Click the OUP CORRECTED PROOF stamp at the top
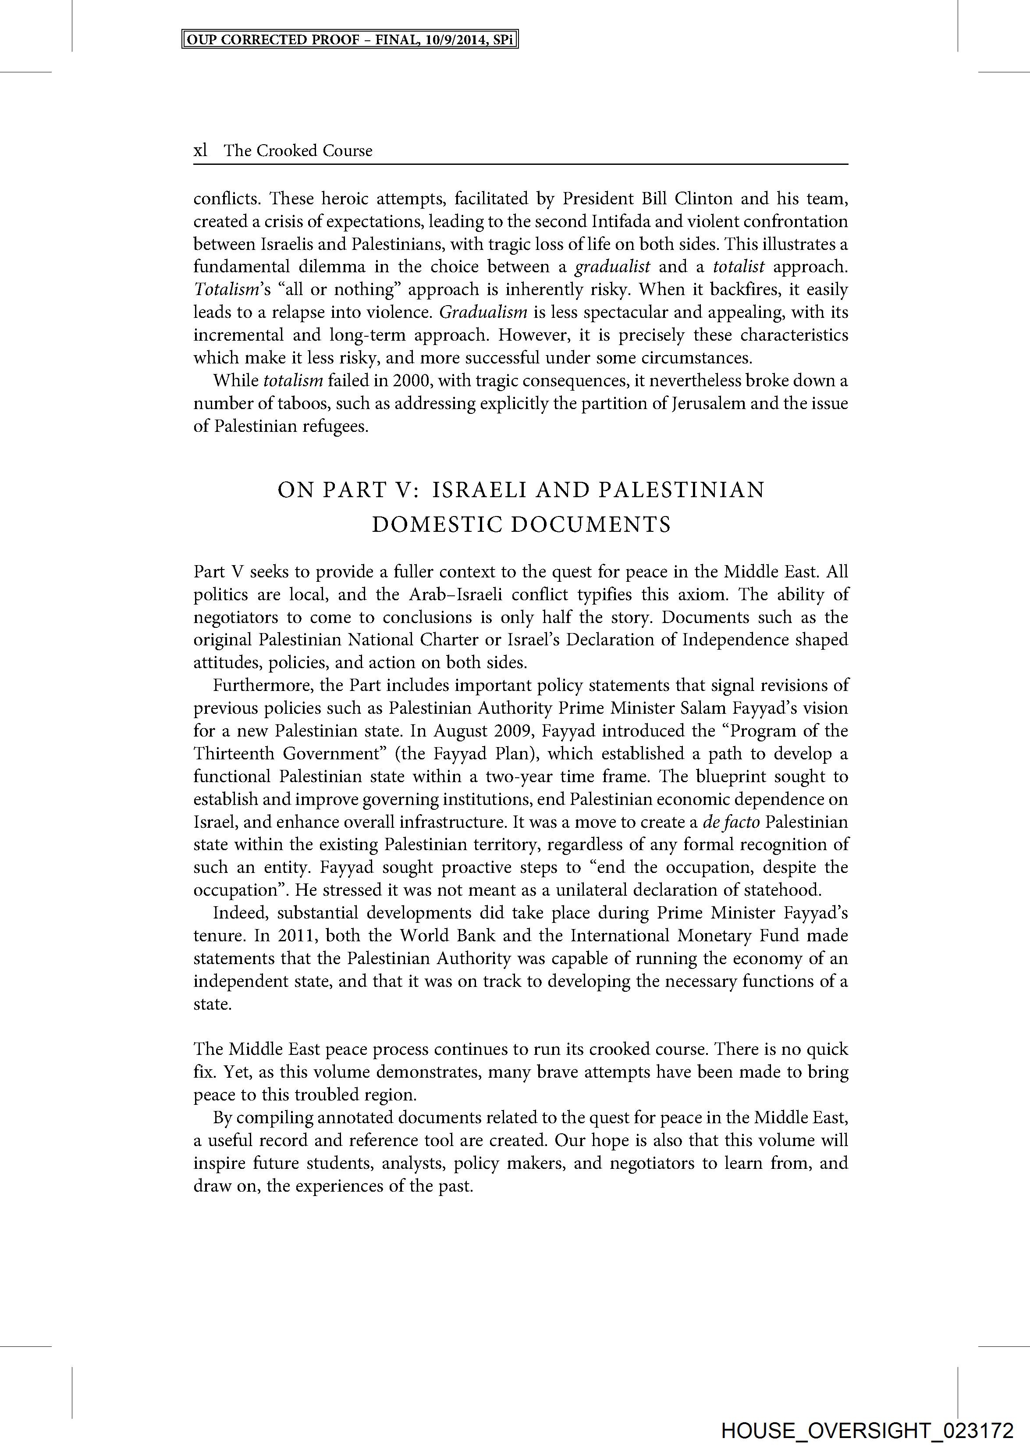pyautogui.click(x=350, y=40)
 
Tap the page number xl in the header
pyautogui.click(x=200, y=150)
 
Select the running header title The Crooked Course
pyautogui.click(x=298, y=150)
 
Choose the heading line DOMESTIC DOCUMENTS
pyautogui.click(x=521, y=525)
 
